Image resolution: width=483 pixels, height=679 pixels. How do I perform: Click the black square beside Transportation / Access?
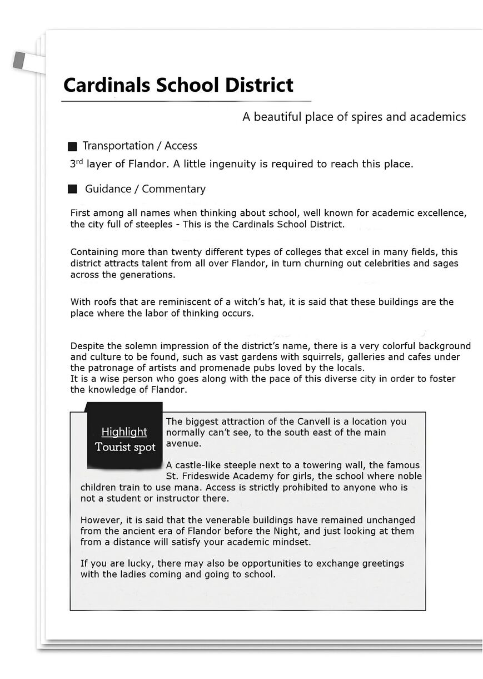[x=72, y=147]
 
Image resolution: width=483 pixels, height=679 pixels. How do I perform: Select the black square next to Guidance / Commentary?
[x=72, y=190]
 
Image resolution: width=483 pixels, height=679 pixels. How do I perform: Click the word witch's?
[x=251, y=302]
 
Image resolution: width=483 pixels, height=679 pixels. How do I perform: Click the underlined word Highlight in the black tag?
[x=125, y=432]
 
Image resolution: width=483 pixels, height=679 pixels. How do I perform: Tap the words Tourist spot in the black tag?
[x=125, y=447]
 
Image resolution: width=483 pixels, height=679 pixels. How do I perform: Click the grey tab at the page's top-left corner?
[x=19, y=59]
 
